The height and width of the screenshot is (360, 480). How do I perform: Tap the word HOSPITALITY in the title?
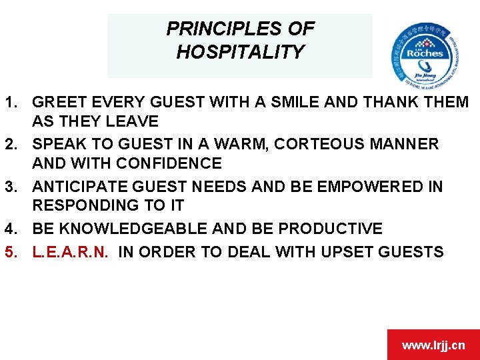[240, 51]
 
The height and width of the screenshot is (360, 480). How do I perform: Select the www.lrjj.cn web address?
[433, 345]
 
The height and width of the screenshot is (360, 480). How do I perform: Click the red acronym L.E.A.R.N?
[75, 251]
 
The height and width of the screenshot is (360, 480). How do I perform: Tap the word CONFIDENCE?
[169, 163]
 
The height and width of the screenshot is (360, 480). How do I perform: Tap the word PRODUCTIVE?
[330, 229]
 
